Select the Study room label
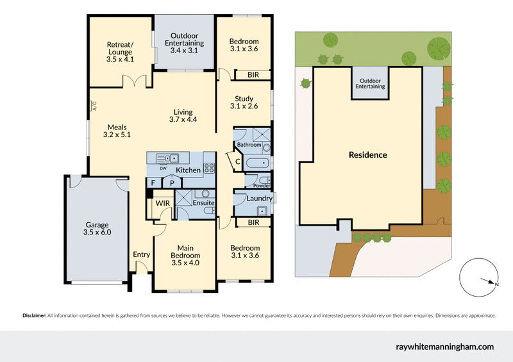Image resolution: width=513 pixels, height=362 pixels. tap(244, 103)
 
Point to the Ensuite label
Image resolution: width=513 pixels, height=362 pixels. tap(203, 203)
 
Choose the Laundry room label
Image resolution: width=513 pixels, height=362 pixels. tap(259, 199)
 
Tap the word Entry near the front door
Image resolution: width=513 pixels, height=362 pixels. tap(141, 254)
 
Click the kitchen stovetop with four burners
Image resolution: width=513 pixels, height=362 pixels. tap(209, 169)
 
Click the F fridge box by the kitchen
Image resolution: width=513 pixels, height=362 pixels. tap(153, 183)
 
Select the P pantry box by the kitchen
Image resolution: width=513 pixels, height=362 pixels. tap(172, 183)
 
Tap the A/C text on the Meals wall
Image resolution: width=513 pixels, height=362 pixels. tap(93, 106)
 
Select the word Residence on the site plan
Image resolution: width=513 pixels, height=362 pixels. tap(367, 155)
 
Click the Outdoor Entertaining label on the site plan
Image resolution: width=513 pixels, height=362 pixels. tap(371, 83)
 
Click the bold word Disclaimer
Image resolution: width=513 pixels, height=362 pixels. tap(34, 315)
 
